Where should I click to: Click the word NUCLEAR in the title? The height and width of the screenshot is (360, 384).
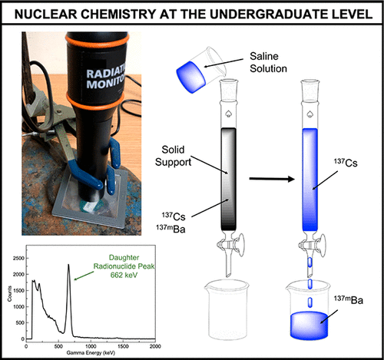click(x=45, y=14)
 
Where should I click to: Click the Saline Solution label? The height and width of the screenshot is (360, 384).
click(x=268, y=62)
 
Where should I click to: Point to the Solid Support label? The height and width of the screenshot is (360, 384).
click(x=174, y=156)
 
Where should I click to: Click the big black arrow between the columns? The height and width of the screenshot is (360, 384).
click(x=272, y=179)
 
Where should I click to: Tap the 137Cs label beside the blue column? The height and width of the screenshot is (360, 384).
click(x=346, y=163)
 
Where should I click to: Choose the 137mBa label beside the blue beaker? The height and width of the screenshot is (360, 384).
click(x=349, y=299)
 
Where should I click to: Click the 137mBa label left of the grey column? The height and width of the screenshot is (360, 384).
click(x=170, y=229)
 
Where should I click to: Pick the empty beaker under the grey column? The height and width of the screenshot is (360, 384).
click(x=227, y=309)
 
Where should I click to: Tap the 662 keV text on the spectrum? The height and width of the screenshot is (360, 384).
click(x=124, y=275)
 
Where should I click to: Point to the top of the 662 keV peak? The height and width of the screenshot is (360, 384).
click(x=68, y=264)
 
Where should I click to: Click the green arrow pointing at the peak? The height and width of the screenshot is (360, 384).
click(x=84, y=276)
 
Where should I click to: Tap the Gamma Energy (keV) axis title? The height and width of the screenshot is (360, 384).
click(x=91, y=353)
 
